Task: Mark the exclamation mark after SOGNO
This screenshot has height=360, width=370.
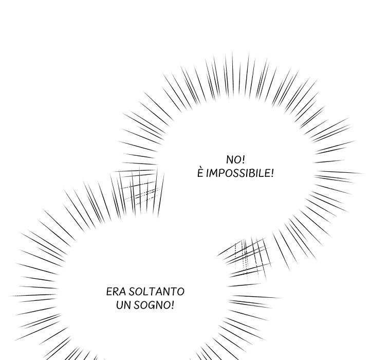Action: coord(172,305)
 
